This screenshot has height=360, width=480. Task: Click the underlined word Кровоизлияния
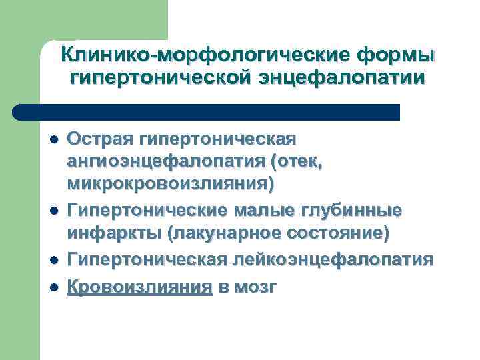(x=140, y=287)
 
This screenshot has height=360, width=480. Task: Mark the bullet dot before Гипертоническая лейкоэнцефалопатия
(x=53, y=259)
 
